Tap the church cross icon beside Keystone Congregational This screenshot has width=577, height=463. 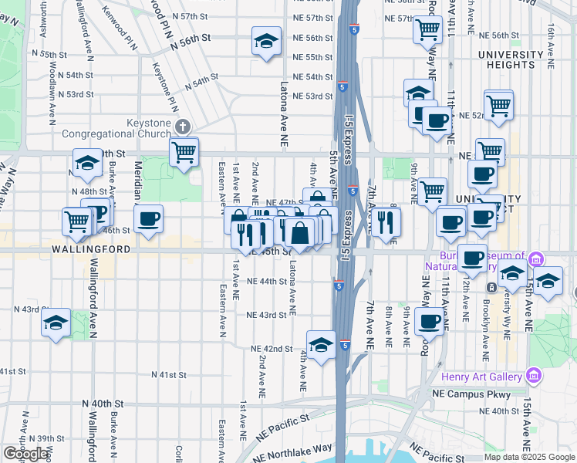point(182,125)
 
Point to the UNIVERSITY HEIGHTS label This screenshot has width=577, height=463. point(511,60)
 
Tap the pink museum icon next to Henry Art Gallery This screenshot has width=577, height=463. point(532,376)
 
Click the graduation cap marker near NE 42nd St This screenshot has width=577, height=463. point(321,344)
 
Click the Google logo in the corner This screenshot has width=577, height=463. point(25,454)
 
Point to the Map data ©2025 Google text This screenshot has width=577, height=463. point(528,457)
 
